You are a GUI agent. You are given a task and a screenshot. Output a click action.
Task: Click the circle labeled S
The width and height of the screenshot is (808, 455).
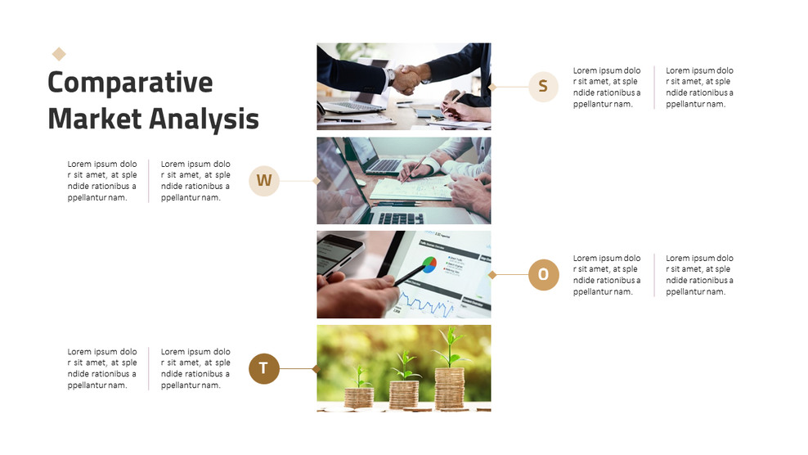coord(543,86)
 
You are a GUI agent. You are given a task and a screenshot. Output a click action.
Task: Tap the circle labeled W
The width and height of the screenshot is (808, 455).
coord(264,181)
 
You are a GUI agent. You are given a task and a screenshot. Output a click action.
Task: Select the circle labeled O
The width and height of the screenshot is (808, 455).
coord(543,274)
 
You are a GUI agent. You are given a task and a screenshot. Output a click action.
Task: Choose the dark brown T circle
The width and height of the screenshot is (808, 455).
coord(264,368)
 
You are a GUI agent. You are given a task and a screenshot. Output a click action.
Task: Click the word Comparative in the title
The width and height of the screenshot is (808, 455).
coord(130,83)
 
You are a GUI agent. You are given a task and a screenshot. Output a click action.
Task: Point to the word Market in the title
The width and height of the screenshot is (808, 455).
coord(95,119)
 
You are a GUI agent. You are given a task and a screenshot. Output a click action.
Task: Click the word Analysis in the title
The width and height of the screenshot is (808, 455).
coord(204,119)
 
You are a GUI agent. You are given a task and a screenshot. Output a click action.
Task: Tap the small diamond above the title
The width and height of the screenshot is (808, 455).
coord(59,54)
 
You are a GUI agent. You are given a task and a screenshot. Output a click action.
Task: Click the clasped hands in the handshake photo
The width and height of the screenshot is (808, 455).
coord(408,79)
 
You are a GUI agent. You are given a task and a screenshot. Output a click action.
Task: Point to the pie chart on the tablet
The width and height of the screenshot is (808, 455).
coord(429,264)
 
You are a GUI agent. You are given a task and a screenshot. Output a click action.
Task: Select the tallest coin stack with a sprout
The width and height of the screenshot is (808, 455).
coord(450,388)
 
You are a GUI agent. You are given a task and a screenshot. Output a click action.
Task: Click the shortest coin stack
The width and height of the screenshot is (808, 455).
coord(359,397)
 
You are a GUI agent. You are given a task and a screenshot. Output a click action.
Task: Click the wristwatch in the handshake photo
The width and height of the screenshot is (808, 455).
coord(391,77)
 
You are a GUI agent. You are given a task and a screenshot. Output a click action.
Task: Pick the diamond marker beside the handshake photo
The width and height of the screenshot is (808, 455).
coord(492,87)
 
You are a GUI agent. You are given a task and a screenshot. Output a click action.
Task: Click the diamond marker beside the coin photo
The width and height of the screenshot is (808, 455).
coord(316,369)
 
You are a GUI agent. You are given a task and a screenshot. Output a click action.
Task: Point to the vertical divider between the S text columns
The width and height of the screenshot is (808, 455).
coord(654,88)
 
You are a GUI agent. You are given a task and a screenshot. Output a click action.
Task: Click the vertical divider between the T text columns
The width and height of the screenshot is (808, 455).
coord(148,368)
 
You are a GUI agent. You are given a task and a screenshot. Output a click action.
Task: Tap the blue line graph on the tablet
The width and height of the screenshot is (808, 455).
coord(427,304)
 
